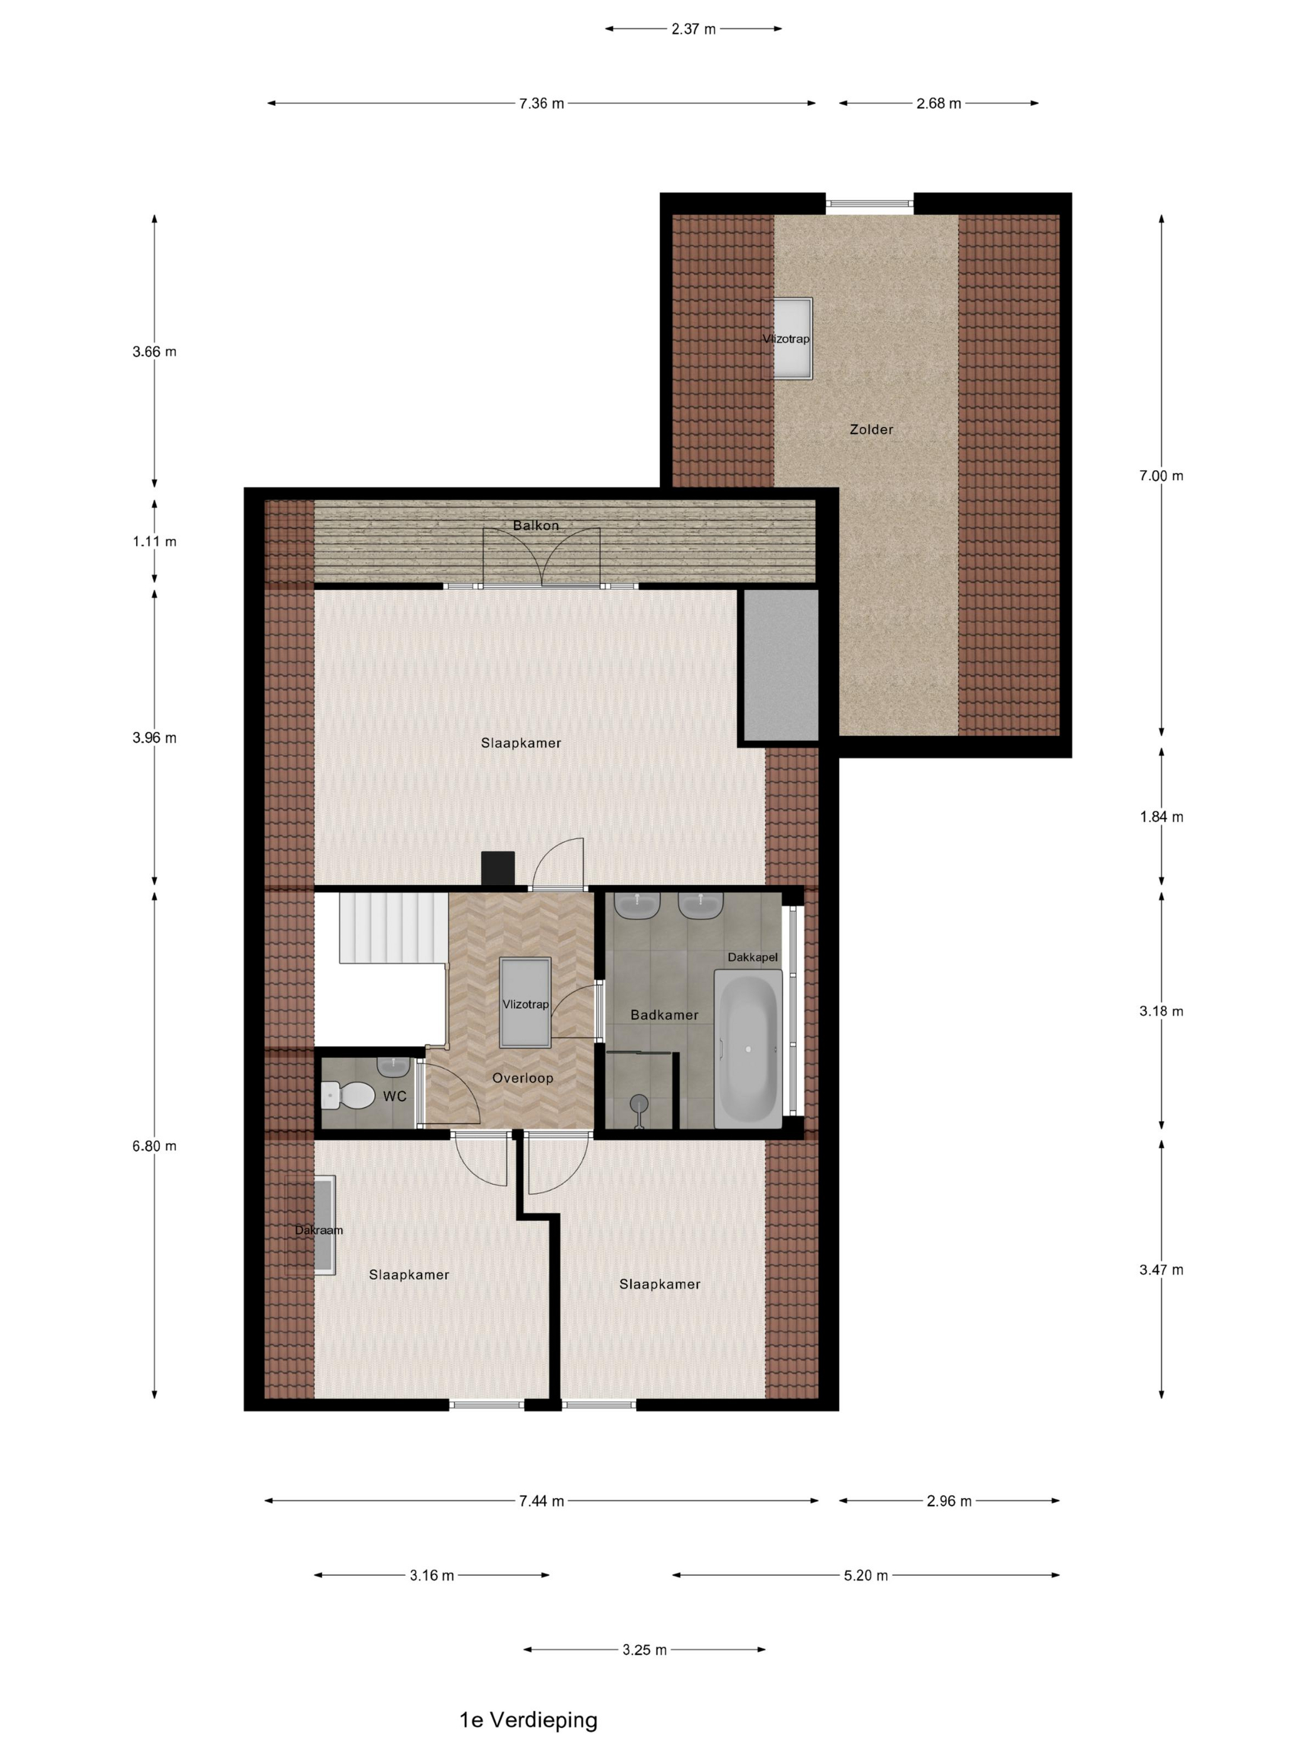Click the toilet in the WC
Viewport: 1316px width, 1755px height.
click(347, 1096)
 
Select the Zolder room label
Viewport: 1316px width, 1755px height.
click(871, 429)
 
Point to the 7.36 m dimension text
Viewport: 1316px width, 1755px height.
click(542, 103)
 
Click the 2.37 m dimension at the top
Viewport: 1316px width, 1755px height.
click(693, 29)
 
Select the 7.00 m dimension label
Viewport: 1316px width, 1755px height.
click(1161, 475)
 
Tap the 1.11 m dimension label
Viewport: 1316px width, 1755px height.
click(155, 541)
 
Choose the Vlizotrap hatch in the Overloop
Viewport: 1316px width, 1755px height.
click(525, 1003)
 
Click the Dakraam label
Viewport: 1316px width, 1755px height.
click(319, 1230)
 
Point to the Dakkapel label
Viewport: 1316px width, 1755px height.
click(753, 958)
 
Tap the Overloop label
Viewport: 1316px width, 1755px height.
click(523, 1078)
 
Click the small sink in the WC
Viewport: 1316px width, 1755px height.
click(393, 1066)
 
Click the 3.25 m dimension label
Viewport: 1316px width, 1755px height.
click(644, 1650)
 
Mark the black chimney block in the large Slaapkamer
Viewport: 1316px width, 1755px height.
click(498, 868)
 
